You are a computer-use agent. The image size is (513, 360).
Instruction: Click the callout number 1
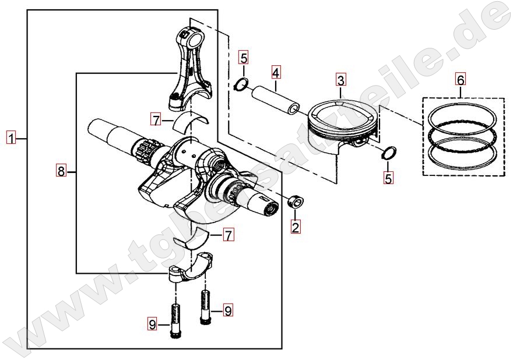(x=12, y=139)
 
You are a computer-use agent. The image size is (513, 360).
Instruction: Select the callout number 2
(x=296, y=227)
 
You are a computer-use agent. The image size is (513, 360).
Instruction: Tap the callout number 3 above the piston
(x=340, y=80)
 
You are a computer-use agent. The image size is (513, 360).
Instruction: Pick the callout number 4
(x=276, y=72)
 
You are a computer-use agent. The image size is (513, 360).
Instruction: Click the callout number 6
(x=461, y=79)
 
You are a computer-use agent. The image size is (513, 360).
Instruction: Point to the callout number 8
(x=61, y=171)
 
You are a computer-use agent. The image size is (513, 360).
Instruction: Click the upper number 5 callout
(x=244, y=58)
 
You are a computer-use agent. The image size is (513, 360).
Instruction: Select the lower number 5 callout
(x=388, y=178)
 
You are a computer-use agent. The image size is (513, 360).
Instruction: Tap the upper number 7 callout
(x=156, y=119)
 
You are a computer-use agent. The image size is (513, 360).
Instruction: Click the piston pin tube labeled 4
(x=275, y=100)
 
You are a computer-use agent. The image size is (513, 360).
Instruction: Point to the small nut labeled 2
(x=295, y=201)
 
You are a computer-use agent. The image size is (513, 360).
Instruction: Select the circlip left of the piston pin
(x=241, y=84)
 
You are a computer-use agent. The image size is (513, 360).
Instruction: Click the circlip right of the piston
(x=389, y=153)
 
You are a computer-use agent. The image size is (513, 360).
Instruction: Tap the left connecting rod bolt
(x=175, y=321)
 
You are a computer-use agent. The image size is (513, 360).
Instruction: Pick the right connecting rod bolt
(x=205, y=307)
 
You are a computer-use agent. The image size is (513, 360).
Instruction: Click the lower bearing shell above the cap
(x=191, y=237)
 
